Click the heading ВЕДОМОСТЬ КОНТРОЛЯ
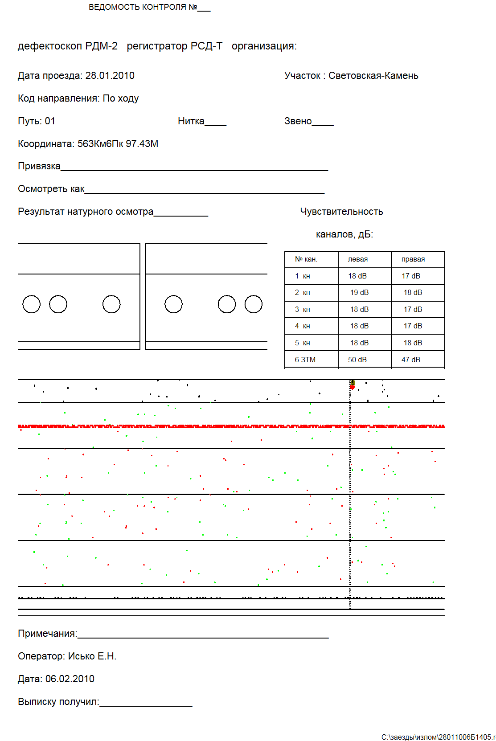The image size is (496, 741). pyautogui.click(x=143, y=7)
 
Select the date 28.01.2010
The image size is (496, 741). pyautogui.click(x=110, y=76)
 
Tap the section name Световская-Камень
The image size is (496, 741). pyautogui.click(x=373, y=76)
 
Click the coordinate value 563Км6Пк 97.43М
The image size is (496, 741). pyautogui.click(x=118, y=144)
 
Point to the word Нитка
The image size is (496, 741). pyautogui.click(x=191, y=121)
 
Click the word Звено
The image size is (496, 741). pyautogui.click(x=298, y=121)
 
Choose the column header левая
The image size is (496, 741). pyautogui.click(x=357, y=259)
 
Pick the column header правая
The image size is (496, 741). pyautogui.click(x=413, y=259)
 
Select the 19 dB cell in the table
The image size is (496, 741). pyautogui.click(x=359, y=293)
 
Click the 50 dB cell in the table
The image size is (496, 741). pyautogui.click(x=357, y=360)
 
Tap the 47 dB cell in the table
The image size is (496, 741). pyautogui.click(x=410, y=360)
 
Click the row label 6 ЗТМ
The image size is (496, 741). pyautogui.click(x=305, y=360)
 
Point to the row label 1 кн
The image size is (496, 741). pyautogui.click(x=302, y=276)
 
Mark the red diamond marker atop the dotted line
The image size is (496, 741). pyautogui.click(x=352, y=387)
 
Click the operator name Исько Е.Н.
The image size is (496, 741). pyautogui.click(x=92, y=656)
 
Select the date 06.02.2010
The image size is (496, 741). pyautogui.click(x=70, y=679)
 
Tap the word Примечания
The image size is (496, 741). pyautogui.click(x=47, y=634)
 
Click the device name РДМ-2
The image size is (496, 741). pyautogui.click(x=101, y=46)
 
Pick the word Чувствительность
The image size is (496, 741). pyautogui.click(x=341, y=212)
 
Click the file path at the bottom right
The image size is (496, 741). pyautogui.click(x=438, y=737)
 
